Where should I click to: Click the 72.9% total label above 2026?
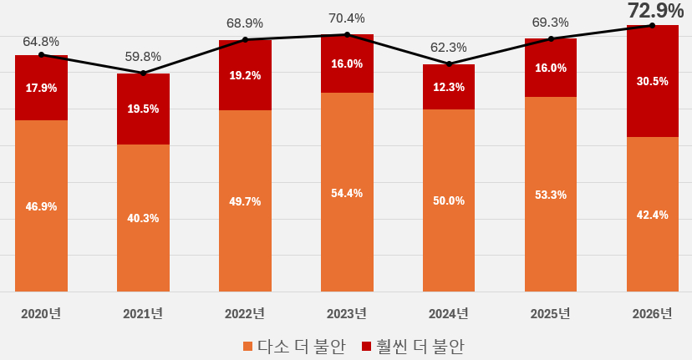655,11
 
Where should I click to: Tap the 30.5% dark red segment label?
653,81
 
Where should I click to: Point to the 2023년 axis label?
347,314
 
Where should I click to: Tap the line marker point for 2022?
245,39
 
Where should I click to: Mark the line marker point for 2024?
449,64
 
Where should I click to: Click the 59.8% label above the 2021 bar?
143,57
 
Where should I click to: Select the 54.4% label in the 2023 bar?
347,193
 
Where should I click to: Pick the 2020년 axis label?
41,314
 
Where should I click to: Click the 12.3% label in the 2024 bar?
449,87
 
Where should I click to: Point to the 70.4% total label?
347,18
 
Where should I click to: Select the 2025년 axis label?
551,314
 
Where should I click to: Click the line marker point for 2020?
41,55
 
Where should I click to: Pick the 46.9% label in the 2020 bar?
41,206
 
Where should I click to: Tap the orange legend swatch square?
247,346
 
